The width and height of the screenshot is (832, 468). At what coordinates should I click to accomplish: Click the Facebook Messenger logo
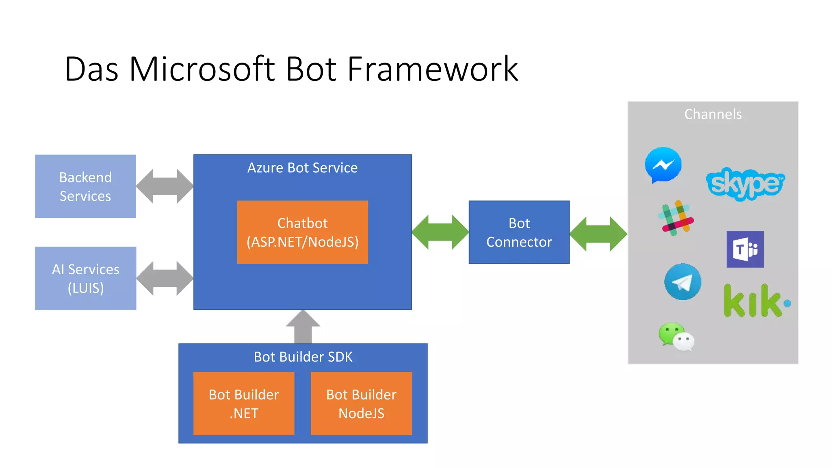[x=663, y=165]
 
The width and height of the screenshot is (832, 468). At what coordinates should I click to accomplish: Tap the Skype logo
[x=745, y=184]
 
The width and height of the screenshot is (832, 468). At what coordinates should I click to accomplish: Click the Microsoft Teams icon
[x=745, y=249]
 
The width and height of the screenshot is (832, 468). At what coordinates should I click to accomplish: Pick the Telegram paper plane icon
[x=682, y=282]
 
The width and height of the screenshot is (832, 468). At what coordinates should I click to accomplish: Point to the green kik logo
[x=756, y=301]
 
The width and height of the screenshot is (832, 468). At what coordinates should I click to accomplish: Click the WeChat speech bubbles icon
[x=676, y=336]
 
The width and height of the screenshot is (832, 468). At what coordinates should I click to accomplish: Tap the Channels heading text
[x=713, y=115]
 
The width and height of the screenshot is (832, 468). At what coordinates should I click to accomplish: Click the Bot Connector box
[x=519, y=232]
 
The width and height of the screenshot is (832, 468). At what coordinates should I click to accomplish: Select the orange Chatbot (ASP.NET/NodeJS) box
[x=302, y=232]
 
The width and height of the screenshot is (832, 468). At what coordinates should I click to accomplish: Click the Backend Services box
[x=85, y=186]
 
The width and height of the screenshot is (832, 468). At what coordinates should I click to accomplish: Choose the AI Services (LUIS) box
[x=85, y=278]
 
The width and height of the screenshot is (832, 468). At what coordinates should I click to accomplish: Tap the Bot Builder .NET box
[x=244, y=403]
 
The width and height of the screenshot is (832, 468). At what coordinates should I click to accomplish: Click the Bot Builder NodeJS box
[x=361, y=403]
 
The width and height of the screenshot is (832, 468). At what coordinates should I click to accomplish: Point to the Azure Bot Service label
[x=302, y=168]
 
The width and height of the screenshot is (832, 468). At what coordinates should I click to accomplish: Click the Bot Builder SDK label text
[x=303, y=357]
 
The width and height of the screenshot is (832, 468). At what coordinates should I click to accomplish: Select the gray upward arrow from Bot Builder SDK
[x=303, y=327]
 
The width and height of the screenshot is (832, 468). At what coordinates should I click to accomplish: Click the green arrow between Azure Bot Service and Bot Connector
[x=440, y=232]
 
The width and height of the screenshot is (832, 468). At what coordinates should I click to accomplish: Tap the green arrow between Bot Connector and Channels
[x=598, y=234]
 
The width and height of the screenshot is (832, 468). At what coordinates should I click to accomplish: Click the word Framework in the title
[x=432, y=69]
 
